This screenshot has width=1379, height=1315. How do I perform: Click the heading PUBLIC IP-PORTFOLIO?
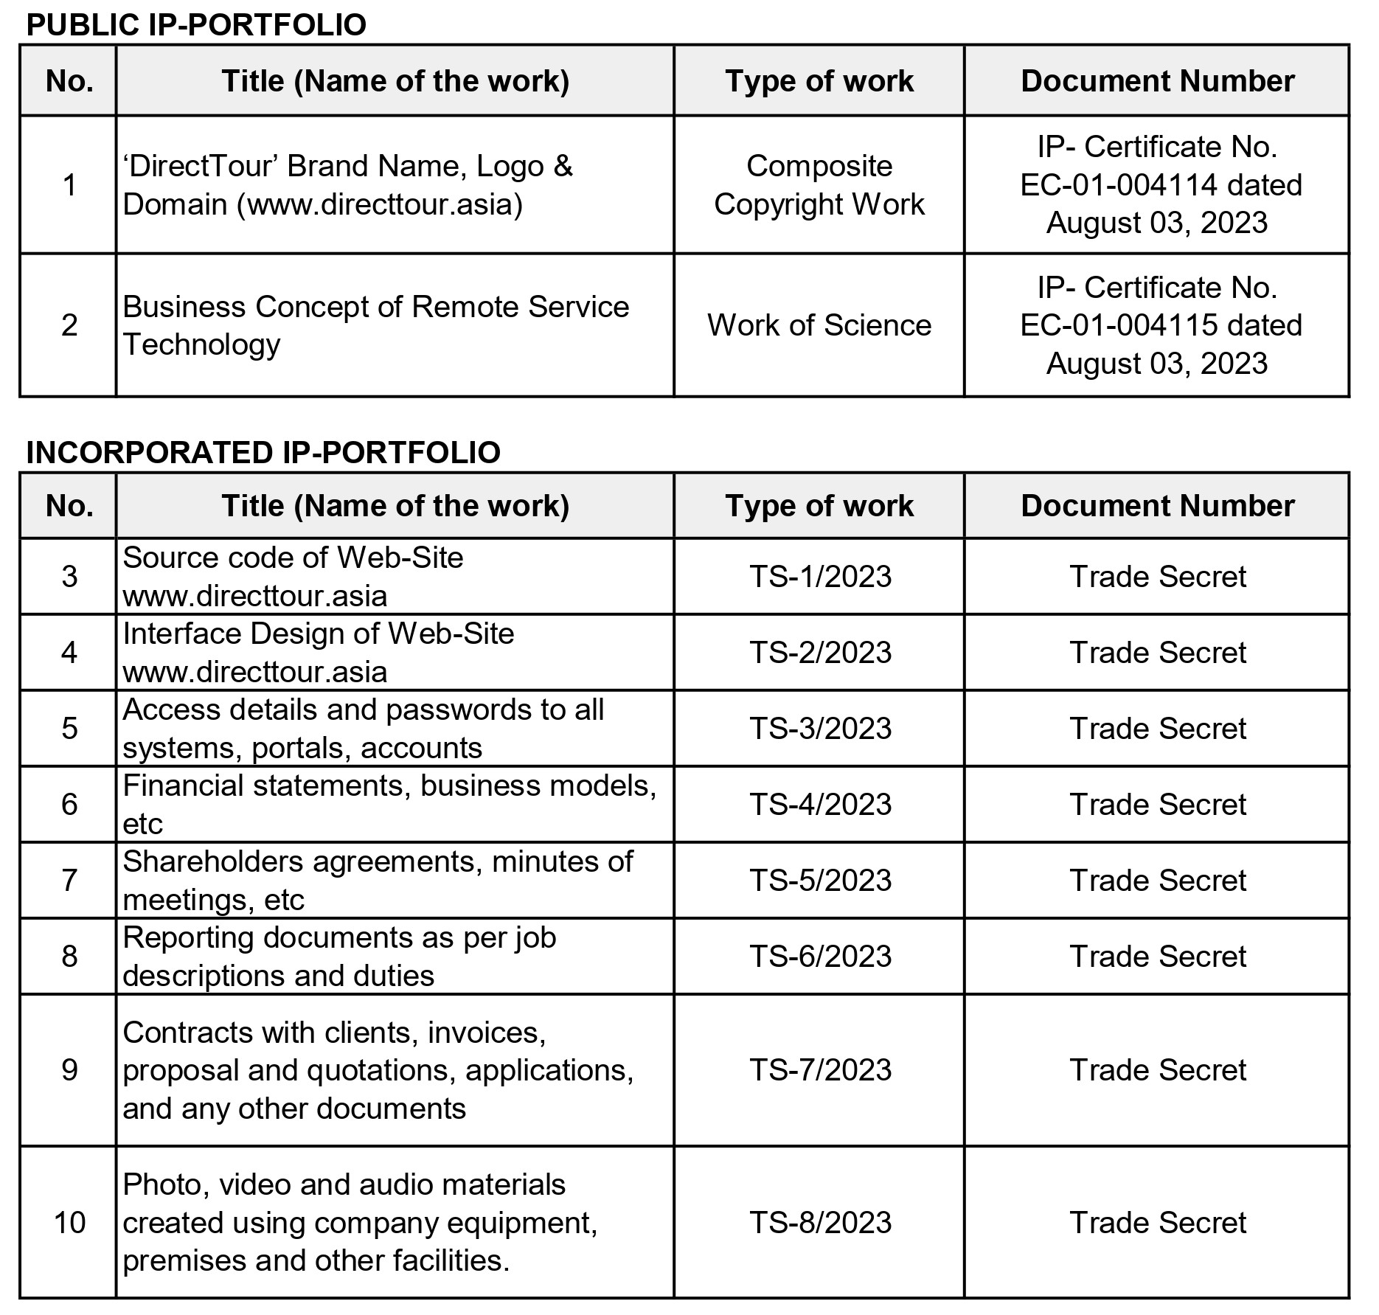click(x=196, y=25)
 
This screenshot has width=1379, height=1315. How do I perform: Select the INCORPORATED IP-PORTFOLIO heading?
click(x=263, y=452)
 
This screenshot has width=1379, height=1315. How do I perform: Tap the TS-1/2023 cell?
click(x=820, y=577)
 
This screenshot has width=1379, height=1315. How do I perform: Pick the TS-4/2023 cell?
click(x=820, y=805)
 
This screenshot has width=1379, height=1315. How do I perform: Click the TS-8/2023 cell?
click(x=820, y=1222)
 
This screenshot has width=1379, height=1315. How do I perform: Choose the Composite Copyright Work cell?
click(x=819, y=185)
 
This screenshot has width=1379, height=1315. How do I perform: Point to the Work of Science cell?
click(x=819, y=325)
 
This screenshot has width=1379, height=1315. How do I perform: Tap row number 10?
click(x=69, y=1222)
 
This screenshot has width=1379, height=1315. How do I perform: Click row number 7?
click(x=69, y=880)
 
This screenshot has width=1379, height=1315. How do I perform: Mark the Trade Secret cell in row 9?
click(x=1157, y=1070)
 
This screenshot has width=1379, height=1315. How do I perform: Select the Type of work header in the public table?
click(x=819, y=81)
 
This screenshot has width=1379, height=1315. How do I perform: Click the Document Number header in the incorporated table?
click(x=1157, y=506)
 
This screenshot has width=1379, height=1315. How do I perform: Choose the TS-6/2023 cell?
click(x=820, y=957)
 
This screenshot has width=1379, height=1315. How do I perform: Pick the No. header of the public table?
click(x=69, y=81)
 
